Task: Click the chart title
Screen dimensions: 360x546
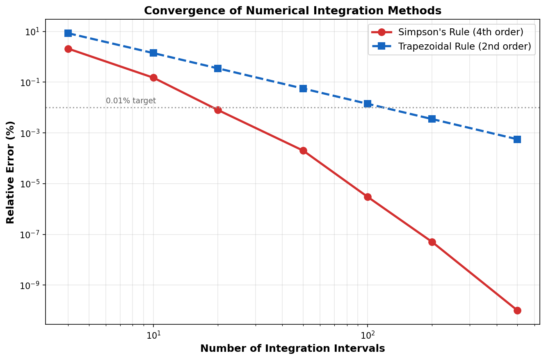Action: [292, 11]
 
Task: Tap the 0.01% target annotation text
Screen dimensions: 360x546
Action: [131, 101]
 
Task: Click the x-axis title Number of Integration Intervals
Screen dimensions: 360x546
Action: [292, 349]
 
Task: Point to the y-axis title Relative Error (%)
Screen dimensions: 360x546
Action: [11, 172]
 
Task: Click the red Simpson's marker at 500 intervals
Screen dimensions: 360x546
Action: [517, 310]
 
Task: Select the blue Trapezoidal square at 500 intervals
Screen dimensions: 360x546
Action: [517, 139]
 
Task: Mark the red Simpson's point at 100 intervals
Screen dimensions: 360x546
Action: [368, 197]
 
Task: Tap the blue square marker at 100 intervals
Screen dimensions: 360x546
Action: [368, 104]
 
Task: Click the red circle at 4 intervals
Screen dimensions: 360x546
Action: [68, 49]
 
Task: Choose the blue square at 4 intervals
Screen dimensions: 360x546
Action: [68, 33]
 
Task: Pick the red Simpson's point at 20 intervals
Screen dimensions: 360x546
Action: [218, 110]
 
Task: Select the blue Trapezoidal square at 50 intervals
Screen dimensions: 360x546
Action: [303, 89]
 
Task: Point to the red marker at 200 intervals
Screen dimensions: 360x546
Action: [432, 242]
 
